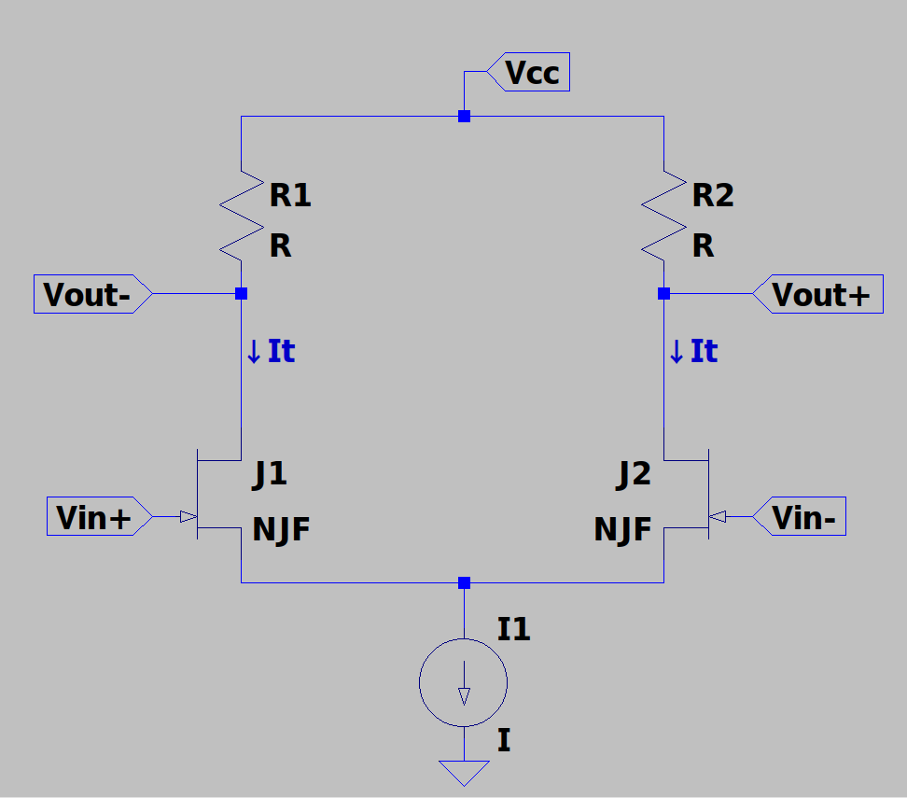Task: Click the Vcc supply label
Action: point(528,72)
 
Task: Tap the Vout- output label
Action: point(92,294)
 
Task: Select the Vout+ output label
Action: point(818,294)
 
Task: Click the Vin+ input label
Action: point(100,516)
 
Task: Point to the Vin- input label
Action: point(800,516)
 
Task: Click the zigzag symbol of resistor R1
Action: point(241,216)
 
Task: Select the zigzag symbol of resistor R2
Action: point(664,216)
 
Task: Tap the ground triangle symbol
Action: point(464,773)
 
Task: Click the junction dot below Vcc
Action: point(464,117)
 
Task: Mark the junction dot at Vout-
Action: point(241,294)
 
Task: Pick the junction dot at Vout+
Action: point(664,294)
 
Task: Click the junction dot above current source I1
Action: point(464,582)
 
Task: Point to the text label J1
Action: point(270,475)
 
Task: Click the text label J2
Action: point(634,475)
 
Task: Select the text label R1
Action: point(290,195)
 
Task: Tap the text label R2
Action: point(713,195)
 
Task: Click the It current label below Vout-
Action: point(271,351)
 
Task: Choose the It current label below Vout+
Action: point(693,351)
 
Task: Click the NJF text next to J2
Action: point(623,529)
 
